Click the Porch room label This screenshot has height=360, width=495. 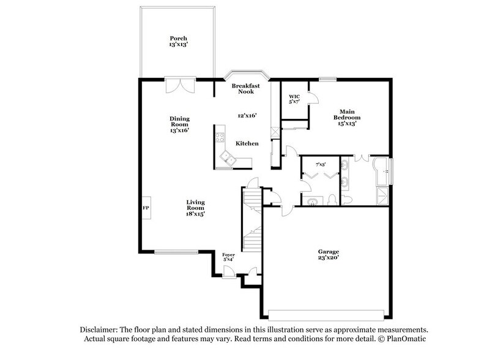point(178,41)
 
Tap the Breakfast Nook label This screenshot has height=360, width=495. point(247,88)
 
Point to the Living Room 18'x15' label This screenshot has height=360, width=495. point(196,208)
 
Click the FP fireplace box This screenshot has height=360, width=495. point(146,208)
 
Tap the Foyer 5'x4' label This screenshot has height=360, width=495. point(229,257)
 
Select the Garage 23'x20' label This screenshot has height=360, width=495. point(328,255)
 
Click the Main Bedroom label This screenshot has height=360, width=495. point(346,116)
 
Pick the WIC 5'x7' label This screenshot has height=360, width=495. point(294,99)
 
